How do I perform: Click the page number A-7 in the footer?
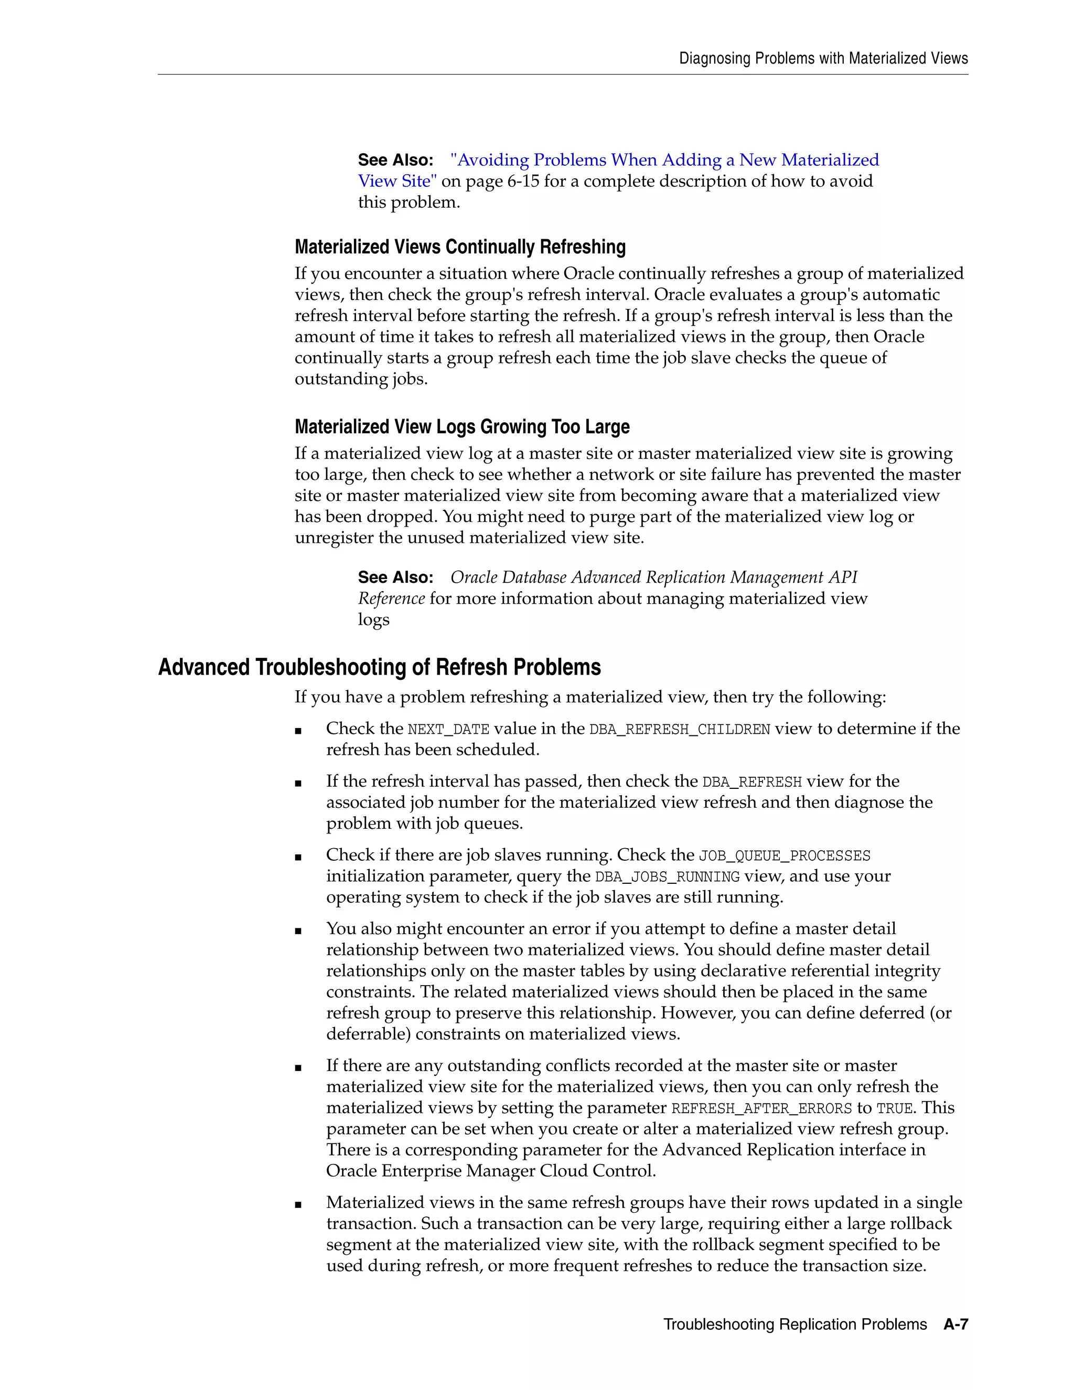[x=955, y=1324]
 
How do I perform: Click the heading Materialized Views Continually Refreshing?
[x=460, y=247]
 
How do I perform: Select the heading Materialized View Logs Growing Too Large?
[x=462, y=426]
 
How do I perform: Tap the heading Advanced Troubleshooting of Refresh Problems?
[x=379, y=667]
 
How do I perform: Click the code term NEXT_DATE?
[x=448, y=730]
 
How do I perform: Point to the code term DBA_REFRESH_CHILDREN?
[x=680, y=730]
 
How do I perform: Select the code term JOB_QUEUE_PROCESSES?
[x=785, y=856]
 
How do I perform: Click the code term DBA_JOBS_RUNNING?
[x=667, y=877]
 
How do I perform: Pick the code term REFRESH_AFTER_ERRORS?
[x=761, y=1109]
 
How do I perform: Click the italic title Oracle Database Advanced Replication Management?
[x=653, y=578]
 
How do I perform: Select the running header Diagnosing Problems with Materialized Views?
[x=823, y=59]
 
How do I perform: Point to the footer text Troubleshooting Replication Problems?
[x=794, y=1324]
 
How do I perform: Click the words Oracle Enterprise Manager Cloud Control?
[x=490, y=1171]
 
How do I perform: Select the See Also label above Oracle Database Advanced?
[x=395, y=578]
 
